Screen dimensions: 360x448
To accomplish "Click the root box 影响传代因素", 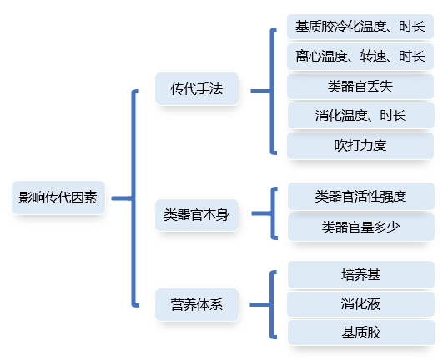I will click(58, 197).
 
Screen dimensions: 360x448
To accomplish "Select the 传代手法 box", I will click(197, 88).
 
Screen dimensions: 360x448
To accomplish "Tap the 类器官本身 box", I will click(197, 215).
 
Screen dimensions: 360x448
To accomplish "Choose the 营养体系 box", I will click(197, 304).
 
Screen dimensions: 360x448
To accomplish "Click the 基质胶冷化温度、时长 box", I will click(360, 26).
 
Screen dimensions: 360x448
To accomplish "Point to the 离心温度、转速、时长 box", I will click(360, 56).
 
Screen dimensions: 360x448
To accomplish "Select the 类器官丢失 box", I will click(360, 86).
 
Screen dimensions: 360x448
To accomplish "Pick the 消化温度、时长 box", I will click(360, 115).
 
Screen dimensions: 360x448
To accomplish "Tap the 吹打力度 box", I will click(360, 145).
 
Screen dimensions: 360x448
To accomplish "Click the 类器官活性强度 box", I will click(360, 197).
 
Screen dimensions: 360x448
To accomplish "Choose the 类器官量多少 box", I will click(360, 227).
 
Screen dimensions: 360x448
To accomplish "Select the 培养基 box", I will click(360, 273).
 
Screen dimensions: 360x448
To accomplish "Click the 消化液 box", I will click(360, 302).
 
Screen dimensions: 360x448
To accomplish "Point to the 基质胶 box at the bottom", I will click(360, 332).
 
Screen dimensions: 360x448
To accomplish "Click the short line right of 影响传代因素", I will click(121, 198).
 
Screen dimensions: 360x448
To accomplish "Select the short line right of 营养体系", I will click(259, 304).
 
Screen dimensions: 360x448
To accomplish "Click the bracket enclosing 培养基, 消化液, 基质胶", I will click(273, 304).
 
